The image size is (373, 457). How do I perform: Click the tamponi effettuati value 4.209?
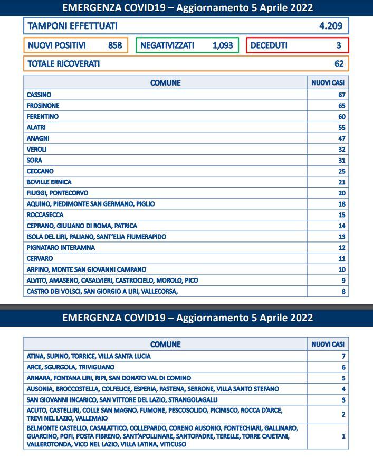pyautogui.click(x=331, y=26)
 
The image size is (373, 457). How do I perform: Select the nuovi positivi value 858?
pyautogui.click(x=115, y=45)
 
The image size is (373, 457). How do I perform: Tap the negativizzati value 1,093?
pyautogui.click(x=223, y=45)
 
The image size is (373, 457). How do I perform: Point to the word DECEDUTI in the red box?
pyautogui.click(x=269, y=45)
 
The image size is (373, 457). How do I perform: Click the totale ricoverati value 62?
pyautogui.click(x=339, y=64)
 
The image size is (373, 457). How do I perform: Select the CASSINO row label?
pyautogui.click(x=39, y=95)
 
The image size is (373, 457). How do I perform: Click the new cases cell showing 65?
pyautogui.click(x=341, y=106)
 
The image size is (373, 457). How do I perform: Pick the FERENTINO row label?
pyautogui.click(x=43, y=117)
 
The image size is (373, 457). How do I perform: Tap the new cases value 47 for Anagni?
pyautogui.click(x=341, y=138)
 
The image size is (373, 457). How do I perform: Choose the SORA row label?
pyautogui.click(x=34, y=160)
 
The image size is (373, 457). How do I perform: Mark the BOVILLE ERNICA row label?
pyautogui.click(x=49, y=182)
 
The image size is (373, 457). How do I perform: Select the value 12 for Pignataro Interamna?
pyautogui.click(x=341, y=248)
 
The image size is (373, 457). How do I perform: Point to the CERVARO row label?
pyautogui.click(x=40, y=259)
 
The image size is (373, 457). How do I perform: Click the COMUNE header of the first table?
pyautogui.click(x=165, y=83)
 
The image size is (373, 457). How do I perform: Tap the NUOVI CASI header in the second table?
pyautogui.click(x=328, y=344)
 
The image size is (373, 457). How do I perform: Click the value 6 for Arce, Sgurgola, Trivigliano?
pyautogui.click(x=343, y=367)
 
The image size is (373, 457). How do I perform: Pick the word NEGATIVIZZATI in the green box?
pyautogui.click(x=167, y=45)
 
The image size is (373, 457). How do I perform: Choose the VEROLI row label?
pyautogui.click(x=37, y=150)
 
